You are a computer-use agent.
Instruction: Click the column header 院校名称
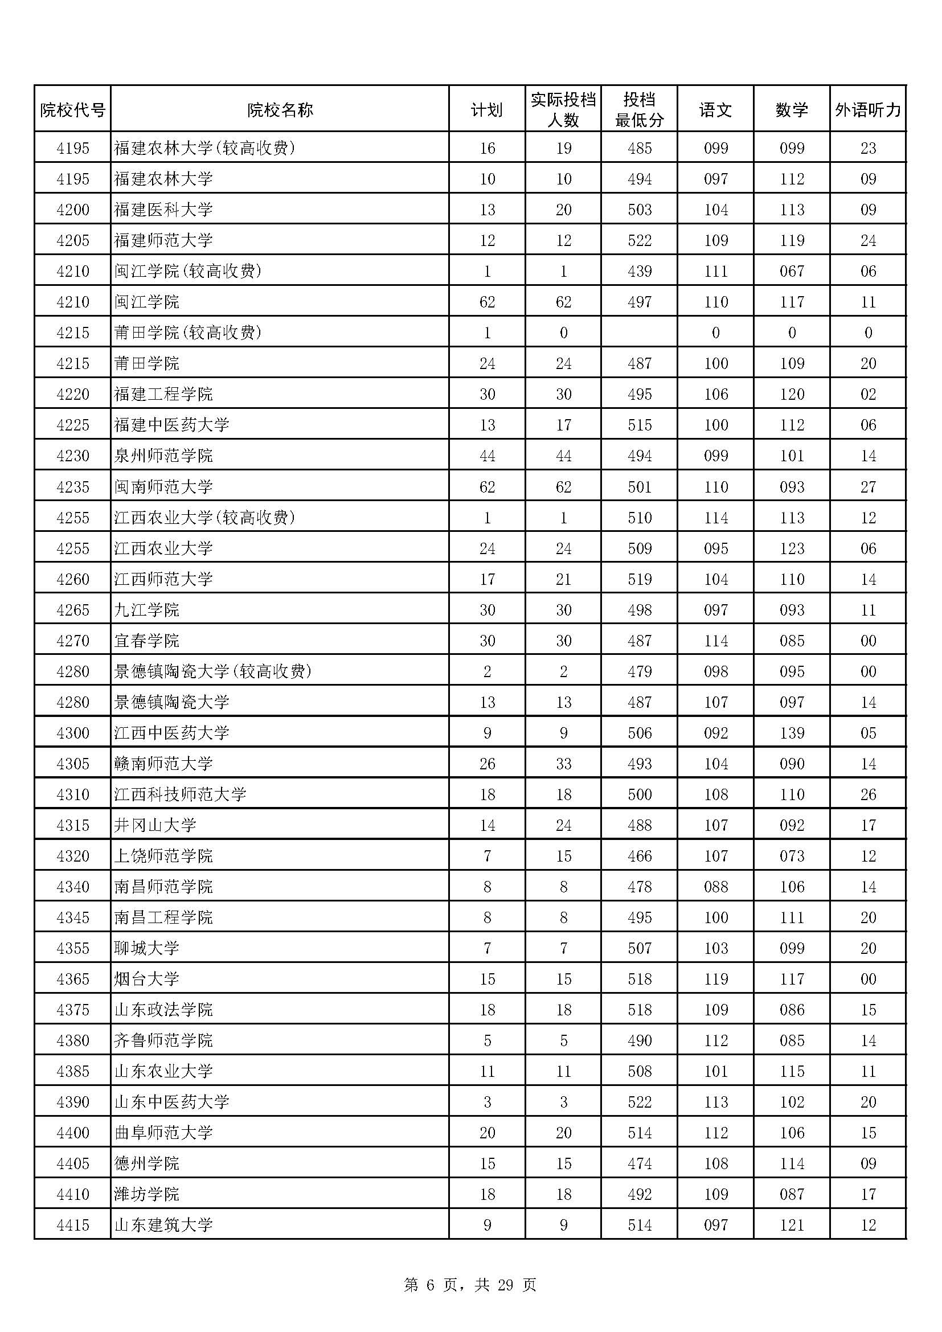tap(280, 110)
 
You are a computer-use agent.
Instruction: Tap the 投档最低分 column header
tap(639, 110)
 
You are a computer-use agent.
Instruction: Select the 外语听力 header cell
tap(868, 110)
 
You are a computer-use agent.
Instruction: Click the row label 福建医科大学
tap(163, 210)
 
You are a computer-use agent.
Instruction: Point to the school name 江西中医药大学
tap(171, 733)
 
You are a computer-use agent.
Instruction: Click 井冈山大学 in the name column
tap(155, 825)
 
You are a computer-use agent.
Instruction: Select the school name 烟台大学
tap(147, 979)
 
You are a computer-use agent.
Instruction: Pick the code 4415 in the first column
tap(73, 1225)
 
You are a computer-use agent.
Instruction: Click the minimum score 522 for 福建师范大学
tap(639, 240)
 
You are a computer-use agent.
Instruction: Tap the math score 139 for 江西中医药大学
tap(792, 733)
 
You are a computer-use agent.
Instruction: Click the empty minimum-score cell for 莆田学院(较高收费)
tap(639, 333)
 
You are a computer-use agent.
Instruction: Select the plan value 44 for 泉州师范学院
tap(488, 456)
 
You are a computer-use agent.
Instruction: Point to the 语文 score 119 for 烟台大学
tap(716, 979)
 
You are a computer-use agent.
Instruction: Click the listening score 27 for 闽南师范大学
tap(868, 487)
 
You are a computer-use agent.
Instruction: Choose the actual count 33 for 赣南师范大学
tap(563, 764)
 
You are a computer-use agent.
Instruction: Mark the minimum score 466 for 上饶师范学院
tap(639, 856)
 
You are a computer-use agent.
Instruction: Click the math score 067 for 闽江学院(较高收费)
tap(792, 271)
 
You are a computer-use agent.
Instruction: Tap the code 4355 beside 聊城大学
tap(73, 948)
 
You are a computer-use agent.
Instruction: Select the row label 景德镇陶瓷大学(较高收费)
tap(213, 671)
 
